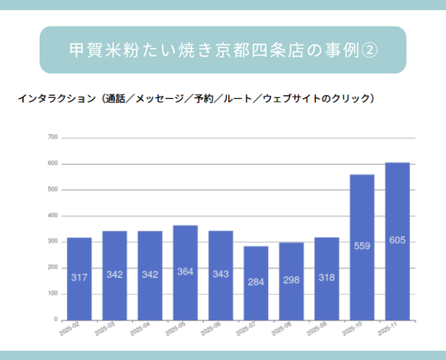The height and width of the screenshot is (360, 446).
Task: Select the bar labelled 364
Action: click(x=186, y=272)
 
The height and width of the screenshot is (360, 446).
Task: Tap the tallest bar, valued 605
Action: click(x=398, y=240)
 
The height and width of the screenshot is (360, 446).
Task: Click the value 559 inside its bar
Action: click(x=363, y=246)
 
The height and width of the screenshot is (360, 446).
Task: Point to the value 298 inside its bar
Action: click(x=291, y=281)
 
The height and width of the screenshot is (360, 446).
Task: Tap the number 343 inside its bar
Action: click(x=221, y=274)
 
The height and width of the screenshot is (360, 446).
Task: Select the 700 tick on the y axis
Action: click(x=53, y=138)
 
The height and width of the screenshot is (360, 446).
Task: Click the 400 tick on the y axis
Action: click(x=53, y=216)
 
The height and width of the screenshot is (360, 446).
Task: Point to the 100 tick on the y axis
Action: click(x=53, y=294)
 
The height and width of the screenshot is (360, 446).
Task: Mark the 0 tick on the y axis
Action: click(x=55, y=320)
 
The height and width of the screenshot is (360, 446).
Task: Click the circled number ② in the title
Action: click(x=367, y=50)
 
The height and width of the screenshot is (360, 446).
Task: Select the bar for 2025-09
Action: click(x=327, y=278)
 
